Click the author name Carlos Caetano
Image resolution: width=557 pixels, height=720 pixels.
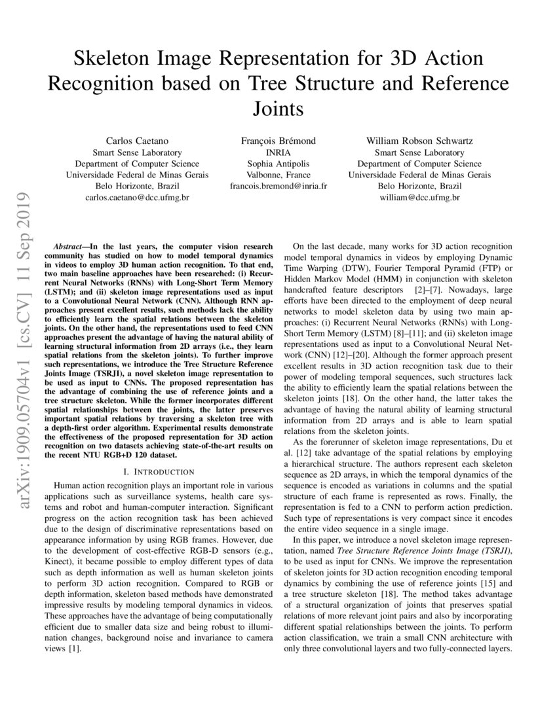click(x=137, y=141)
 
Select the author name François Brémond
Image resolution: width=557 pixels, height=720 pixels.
click(x=278, y=141)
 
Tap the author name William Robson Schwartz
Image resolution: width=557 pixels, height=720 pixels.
click(x=419, y=141)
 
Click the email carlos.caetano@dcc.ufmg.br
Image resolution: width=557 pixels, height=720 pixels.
click(x=137, y=196)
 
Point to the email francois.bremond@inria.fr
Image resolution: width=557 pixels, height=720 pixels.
click(x=278, y=185)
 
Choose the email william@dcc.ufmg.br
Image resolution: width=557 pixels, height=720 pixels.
click(x=419, y=196)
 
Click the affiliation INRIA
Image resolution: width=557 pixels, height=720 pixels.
click(x=278, y=152)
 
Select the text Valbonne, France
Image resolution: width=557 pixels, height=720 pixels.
click(x=278, y=174)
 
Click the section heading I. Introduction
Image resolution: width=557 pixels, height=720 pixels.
click(x=158, y=471)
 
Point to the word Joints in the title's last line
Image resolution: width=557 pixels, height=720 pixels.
click(x=278, y=108)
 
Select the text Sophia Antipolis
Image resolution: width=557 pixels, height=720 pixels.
click(x=278, y=163)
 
